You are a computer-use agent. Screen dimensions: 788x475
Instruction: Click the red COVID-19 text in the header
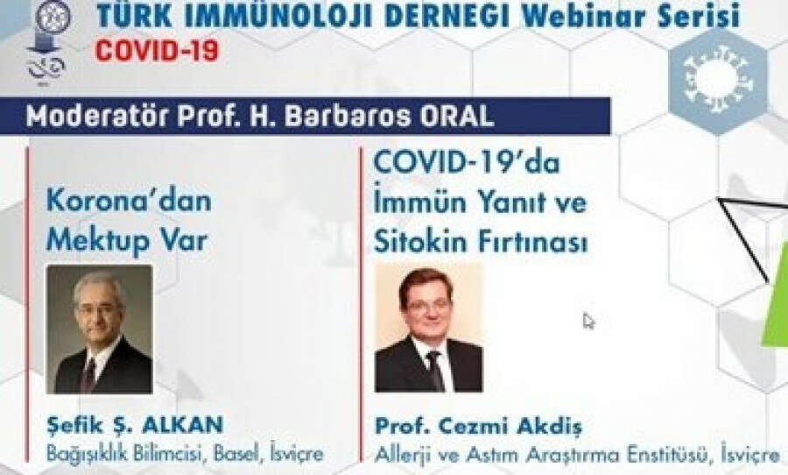click(158, 51)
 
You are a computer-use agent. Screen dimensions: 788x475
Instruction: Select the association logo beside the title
click(49, 40)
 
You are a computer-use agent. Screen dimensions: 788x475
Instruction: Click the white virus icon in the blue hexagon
click(719, 77)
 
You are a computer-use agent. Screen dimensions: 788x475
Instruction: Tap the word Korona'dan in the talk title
click(129, 202)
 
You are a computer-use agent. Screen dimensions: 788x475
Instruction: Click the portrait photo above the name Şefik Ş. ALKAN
click(100, 329)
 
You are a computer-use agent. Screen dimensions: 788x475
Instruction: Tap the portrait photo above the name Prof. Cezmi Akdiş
click(429, 327)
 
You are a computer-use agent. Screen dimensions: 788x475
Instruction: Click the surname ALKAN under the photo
click(182, 425)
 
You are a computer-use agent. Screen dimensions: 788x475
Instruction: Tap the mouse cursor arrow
click(588, 321)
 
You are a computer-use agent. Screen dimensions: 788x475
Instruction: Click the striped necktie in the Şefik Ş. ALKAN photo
click(89, 375)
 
